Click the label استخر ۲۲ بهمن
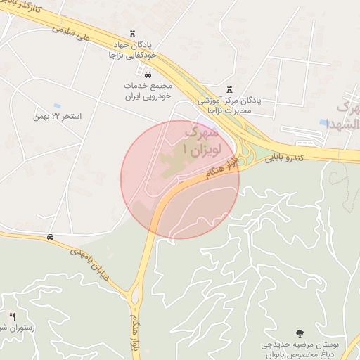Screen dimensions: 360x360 (x=58, y=115)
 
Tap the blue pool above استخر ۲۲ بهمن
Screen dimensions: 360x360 (x=57, y=105)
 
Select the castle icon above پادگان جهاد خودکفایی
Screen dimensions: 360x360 (x=133, y=34)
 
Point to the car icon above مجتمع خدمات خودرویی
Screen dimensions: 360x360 (x=148, y=74)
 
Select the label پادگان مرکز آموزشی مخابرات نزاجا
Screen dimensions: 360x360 (x=229, y=105)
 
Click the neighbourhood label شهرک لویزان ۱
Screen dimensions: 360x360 (x=201, y=141)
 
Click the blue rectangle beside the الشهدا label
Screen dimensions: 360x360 (x=323, y=122)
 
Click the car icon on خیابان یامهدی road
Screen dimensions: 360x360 (x=50, y=238)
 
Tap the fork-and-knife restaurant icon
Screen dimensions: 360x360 (x=12, y=317)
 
